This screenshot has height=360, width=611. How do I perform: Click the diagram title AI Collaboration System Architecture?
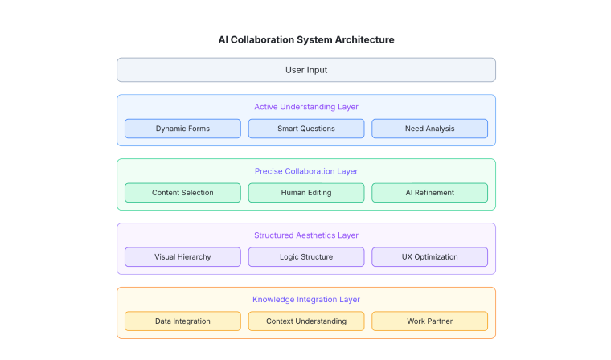pos(305,39)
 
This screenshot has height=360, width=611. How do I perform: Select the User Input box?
pos(306,70)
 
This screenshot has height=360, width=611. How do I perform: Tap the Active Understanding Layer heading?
pos(306,107)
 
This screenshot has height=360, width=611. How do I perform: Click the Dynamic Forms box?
pos(182,129)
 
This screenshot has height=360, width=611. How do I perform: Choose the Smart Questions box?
pos(306,129)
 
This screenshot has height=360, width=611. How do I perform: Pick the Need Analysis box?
pos(430,129)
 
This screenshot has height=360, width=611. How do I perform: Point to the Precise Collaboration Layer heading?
pos(306,171)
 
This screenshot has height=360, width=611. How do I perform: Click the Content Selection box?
pos(182,193)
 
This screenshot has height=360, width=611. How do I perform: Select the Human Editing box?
pos(306,193)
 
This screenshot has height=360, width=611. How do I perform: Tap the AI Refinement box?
pos(430,193)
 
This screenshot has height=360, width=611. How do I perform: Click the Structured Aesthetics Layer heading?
pos(306,235)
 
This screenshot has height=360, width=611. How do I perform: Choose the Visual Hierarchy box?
pos(182,257)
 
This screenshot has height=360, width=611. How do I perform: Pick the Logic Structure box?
pos(306,257)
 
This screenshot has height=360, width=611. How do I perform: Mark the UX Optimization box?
pos(430,257)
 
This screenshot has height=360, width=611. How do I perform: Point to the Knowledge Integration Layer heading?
pos(306,300)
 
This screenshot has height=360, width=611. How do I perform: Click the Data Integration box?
pos(182,321)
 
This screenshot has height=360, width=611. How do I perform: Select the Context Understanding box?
pos(306,321)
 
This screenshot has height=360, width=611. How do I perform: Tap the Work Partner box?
pos(430,321)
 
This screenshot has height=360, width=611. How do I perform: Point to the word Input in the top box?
pos(317,71)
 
